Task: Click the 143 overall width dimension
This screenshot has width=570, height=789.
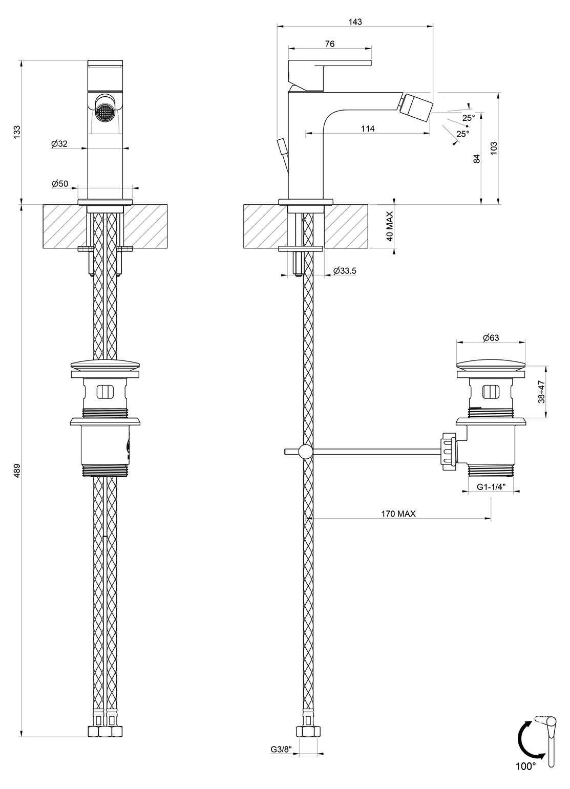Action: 355,22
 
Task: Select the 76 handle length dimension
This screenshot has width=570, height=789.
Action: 330,44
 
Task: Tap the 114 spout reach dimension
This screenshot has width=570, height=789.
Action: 368,129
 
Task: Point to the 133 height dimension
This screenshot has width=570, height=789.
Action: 17,132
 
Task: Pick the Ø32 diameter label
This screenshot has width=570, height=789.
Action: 59,144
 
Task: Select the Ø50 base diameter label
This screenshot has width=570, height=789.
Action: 59,183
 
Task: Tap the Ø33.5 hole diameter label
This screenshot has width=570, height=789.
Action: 345,270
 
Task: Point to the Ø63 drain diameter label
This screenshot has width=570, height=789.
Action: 491,337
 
